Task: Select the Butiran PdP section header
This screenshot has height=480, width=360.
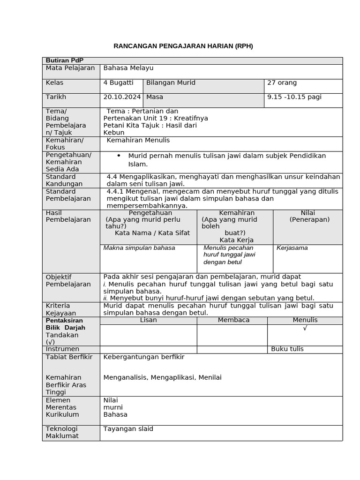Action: [x=61, y=60]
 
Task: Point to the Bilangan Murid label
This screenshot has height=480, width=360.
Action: [x=171, y=83]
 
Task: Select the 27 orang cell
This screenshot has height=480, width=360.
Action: [x=282, y=83]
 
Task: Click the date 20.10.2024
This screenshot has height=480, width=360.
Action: [x=122, y=97]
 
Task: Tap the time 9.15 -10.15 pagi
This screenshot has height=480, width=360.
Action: [x=294, y=97]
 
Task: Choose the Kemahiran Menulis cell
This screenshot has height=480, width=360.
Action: [x=138, y=140]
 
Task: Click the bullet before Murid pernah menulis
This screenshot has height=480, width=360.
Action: [x=119, y=155]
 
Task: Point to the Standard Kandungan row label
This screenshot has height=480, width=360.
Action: [x=64, y=180]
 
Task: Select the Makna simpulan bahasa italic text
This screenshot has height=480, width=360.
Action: [x=139, y=248]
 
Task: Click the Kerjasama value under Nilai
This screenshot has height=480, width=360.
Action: [x=292, y=248]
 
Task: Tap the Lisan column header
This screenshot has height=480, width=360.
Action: [x=149, y=320]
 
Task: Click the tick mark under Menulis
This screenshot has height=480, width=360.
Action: [x=305, y=328]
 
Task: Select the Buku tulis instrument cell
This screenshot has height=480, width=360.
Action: [x=287, y=349]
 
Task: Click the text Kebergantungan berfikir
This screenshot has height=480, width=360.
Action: [x=143, y=357]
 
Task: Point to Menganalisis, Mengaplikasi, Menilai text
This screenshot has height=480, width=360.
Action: [x=162, y=378]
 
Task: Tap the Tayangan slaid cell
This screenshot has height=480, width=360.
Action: [x=128, y=429]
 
